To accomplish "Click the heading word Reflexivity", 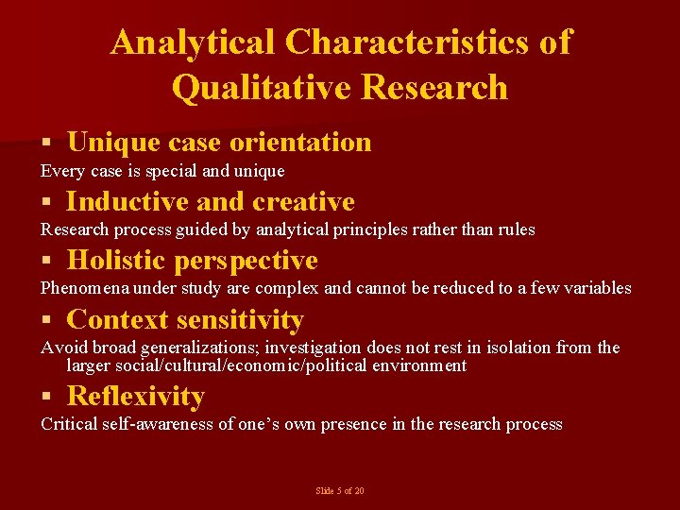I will click(136, 396).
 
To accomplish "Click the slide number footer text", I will click(340, 491).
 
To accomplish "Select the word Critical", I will click(68, 424).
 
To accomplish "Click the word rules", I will click(516, 229).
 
